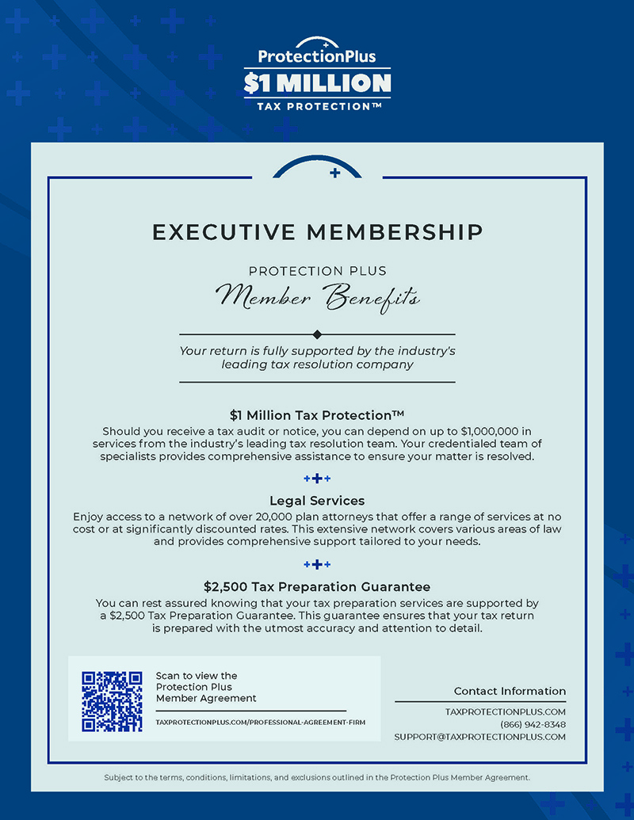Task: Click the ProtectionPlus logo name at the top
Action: tap(317, 57)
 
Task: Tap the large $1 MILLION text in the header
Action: tap(317, 82)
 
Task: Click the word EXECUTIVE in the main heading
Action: tap(223, 232)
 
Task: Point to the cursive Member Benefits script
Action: tap(318, 298)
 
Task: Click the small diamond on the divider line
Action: tap(317, 334)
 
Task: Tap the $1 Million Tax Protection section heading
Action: tap(317, 415)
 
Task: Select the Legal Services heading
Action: tap(317, 501)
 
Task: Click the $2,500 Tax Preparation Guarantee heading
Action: tap(317, 587)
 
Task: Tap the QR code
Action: tap(113, 701)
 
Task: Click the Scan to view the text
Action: tap(197, 676)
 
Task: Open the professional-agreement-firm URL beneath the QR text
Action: tap(261, 723)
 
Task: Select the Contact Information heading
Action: tap(510, 691)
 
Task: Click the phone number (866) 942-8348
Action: tap(533, 724)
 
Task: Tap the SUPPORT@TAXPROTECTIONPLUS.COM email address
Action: tap(480, 737)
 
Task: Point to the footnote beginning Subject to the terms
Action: tap(317, 777)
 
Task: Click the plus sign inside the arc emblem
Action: tap(334, 171)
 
